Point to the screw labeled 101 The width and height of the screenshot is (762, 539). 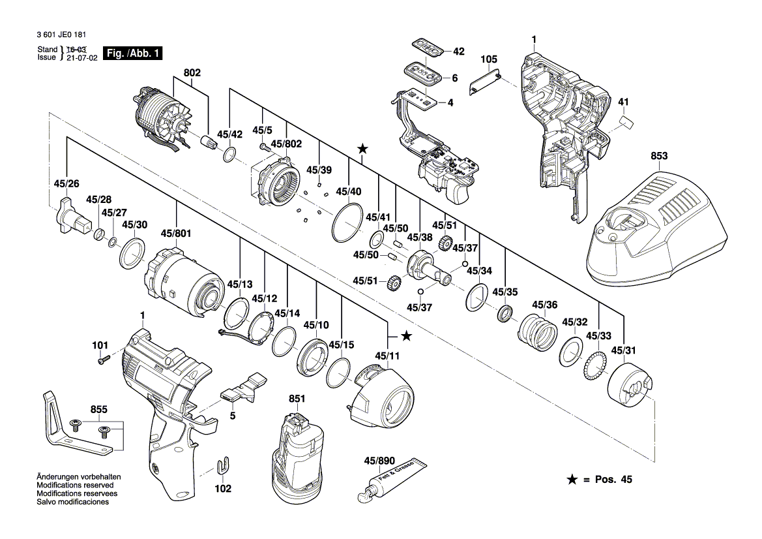coord(103,358)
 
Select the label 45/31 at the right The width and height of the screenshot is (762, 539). coord(624,352)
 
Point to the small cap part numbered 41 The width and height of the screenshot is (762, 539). coord(626,122)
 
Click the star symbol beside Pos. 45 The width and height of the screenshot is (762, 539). coord(572,480)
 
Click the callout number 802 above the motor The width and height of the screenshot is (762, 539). coord(192,74)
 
